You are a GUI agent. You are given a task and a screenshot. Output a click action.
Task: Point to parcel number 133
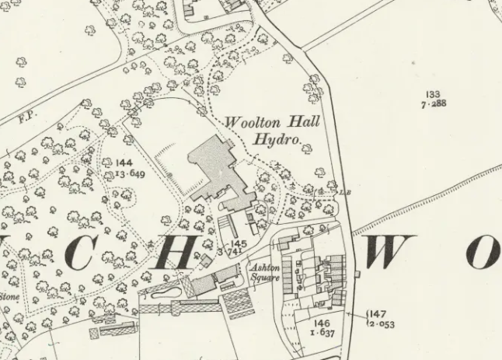pyautogui.click(x=433, y=95)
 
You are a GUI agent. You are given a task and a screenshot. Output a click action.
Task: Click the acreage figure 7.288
pyautogui.click(x=433, y=103)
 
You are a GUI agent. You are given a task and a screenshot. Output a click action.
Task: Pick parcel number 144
pyautogui.click(x=124, y=163)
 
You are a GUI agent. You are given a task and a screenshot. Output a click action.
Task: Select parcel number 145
pyautogui.click(x=239, y=244)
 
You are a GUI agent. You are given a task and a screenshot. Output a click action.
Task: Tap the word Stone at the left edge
pyautogui.click(x=9, y=295)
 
